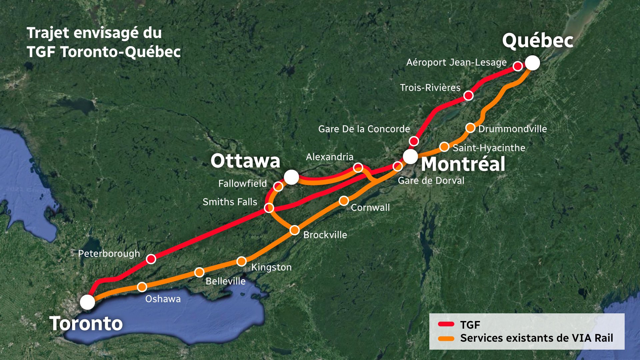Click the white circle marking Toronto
coord(87,302)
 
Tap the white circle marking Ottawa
coord(291,177)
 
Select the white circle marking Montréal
coord(410,156)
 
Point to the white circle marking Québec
coord(532,63)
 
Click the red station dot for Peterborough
coord(151,259)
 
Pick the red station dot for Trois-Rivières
coord(468,96)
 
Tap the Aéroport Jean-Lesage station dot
coord(518,66)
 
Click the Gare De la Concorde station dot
coord(414,141)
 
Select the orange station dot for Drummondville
coord(470,128)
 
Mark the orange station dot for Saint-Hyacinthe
coord(444,147)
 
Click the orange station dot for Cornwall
coord(344,201)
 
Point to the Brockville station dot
coord(295,230)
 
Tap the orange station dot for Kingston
coord(242,261)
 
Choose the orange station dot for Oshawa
coord(142,287)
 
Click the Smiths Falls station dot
coord(269,208)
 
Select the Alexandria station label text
coord(329,157)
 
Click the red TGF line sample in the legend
coord(446,324)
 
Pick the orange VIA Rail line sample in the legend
coord(446,339)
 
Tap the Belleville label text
coord(225,281)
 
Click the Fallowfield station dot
coord(278,186)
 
